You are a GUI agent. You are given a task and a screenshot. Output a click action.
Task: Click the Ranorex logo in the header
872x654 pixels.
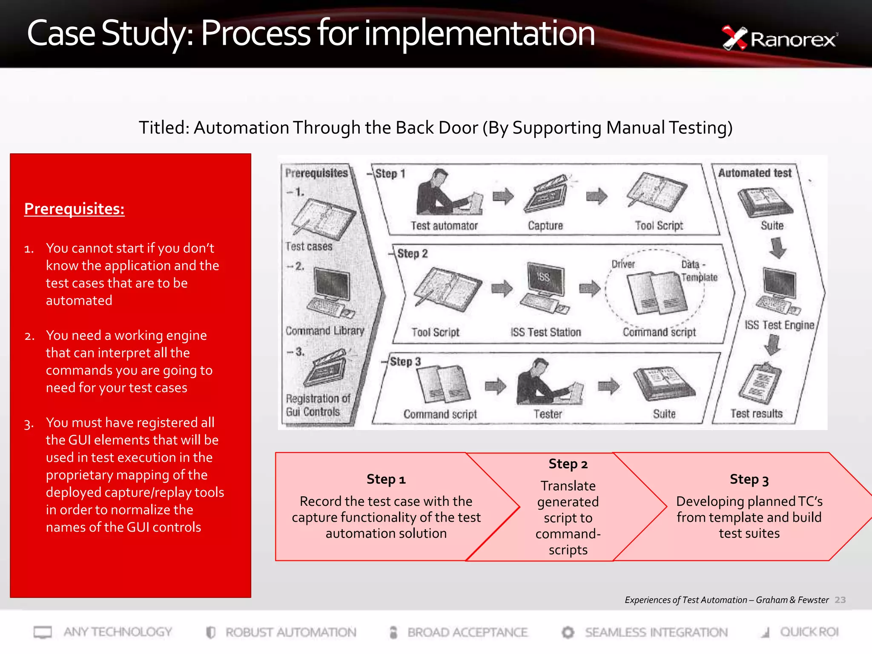[779, 39]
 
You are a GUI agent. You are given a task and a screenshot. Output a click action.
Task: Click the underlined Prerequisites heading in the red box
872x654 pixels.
[74, 209]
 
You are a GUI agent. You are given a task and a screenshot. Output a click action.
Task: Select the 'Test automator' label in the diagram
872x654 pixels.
[444, 226]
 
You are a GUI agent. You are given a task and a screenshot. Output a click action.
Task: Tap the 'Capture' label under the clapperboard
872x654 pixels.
[545, 226]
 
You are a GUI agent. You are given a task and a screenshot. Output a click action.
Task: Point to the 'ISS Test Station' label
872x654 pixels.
[545, 332]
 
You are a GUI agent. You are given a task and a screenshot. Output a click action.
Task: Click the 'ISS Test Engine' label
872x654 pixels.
[779, 325]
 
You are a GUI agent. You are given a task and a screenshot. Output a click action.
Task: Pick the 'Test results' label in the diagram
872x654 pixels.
[756, 413]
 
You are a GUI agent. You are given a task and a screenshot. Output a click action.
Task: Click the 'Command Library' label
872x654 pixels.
[324, 331]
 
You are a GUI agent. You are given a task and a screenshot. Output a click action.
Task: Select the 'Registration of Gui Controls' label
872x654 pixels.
[317, 405]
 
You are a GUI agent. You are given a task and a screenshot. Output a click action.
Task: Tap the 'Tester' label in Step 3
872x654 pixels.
[548, 414]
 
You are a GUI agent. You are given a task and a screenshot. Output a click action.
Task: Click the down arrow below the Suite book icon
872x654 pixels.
[778, 248]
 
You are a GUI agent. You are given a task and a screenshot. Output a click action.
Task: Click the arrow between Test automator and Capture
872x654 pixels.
[503, 196]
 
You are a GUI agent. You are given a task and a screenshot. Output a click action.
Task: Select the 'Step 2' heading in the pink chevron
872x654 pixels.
[568, 464]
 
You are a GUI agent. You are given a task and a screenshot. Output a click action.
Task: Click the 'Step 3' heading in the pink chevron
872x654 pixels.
[749, 479]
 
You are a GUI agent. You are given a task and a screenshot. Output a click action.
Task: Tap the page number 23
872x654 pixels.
[840, 600]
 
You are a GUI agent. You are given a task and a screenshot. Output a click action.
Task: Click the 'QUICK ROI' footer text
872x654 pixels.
[809, 632]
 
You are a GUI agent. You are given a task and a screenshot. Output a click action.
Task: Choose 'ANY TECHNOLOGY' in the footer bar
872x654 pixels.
[118, 632]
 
